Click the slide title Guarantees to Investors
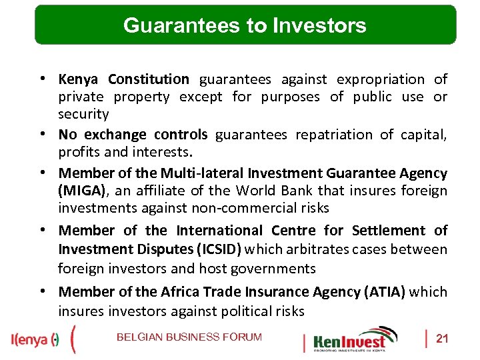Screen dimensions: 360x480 [x=245, y=25]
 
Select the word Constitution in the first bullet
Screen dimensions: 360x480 [x=149, y=79]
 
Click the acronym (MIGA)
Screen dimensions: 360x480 [x=81, y=191]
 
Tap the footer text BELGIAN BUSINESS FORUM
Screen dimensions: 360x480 [x=189, y=337]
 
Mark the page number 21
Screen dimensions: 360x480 [x=441, y=339]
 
